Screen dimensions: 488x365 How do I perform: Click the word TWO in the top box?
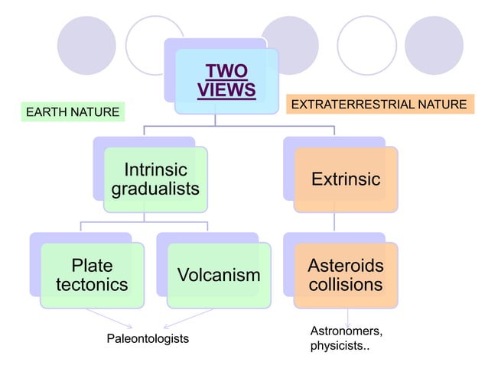[226, 73]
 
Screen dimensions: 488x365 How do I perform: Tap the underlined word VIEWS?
[226, 90]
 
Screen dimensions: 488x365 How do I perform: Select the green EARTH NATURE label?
[73, 113]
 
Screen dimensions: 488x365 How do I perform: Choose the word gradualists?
[155, 188]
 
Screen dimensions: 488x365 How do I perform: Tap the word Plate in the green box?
[92, 266]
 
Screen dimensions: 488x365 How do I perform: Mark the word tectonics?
[92, 285]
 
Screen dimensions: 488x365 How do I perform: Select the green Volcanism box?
[219, 275]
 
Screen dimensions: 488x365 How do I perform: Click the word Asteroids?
[345, 266]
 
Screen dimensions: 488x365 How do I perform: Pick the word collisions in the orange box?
[345, 285]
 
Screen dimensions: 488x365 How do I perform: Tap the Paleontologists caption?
[147, 338]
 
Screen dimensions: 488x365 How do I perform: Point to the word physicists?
[337, 347]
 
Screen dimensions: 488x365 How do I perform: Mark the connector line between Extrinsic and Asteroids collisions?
[333, 222]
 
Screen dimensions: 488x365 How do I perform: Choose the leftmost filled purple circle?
[86, 44]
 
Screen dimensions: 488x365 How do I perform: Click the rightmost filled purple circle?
[434, 44]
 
